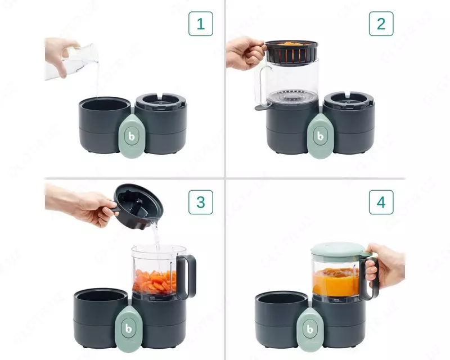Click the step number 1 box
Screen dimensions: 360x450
pos(200,24)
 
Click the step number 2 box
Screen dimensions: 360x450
pos(381,24)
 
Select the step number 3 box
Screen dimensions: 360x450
pos(200,201)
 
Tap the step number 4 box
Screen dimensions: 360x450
pos(381,201)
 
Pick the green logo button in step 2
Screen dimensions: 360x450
pos(319,136)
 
